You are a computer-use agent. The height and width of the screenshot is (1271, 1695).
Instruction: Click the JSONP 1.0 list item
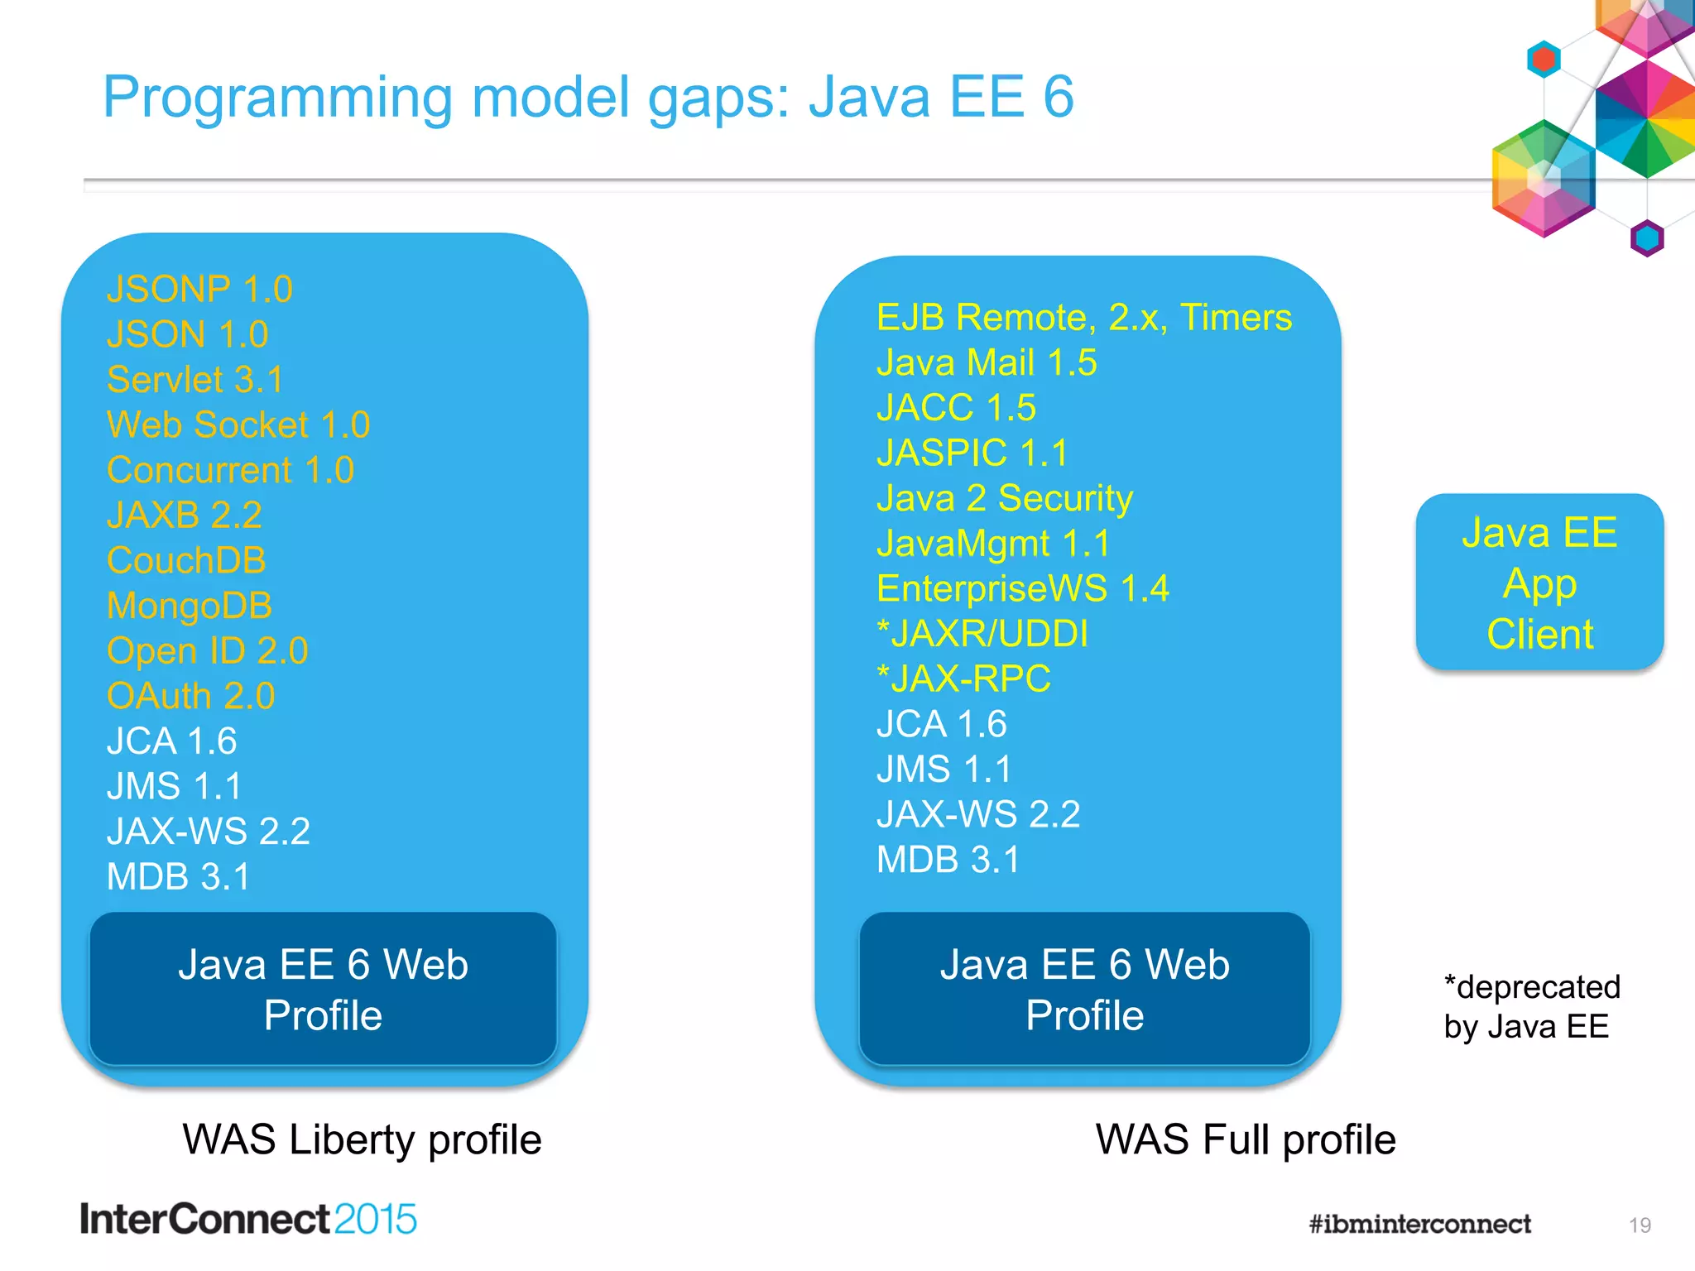tap(199, 290)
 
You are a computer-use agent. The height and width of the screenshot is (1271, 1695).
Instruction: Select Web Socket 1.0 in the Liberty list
tap(238, 425)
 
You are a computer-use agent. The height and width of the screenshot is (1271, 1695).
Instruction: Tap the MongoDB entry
tap(190, 606)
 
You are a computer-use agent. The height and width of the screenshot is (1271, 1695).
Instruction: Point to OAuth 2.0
tap(190, 696)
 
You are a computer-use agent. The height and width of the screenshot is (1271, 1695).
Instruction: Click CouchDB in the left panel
tap(186, 560)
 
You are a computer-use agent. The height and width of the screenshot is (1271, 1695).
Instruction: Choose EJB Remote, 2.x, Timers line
tap(1083, 318)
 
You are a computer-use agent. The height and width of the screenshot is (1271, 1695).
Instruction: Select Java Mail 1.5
tap(987, 363)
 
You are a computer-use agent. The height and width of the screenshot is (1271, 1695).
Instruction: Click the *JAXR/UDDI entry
tap(982, 634)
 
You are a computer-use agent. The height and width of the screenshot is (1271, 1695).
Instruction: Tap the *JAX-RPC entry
tap(963, 679)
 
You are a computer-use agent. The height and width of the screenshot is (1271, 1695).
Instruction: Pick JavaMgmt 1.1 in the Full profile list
tap(993, 544)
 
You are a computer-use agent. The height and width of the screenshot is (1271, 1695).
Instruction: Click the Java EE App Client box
tap(1539, 583)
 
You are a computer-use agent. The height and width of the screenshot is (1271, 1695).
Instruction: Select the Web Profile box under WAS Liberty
tap(323, 990)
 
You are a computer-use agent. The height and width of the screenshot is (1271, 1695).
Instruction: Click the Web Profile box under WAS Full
tap(1084, 990)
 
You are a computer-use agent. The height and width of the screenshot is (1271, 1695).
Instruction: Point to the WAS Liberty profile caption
tap(362, 1139)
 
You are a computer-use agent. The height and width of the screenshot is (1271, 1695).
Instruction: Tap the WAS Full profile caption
tap(1246, 1139)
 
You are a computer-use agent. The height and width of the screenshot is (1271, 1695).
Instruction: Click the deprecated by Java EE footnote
tap(1531, 1007)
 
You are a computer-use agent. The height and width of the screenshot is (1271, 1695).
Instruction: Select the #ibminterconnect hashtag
tap(1419, 1224)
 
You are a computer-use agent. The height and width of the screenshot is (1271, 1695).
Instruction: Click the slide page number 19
tap(1640, 1225)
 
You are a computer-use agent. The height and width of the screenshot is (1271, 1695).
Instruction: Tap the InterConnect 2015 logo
tap(248, 1220)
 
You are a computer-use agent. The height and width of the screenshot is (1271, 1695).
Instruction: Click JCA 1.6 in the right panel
tap(942, 724)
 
